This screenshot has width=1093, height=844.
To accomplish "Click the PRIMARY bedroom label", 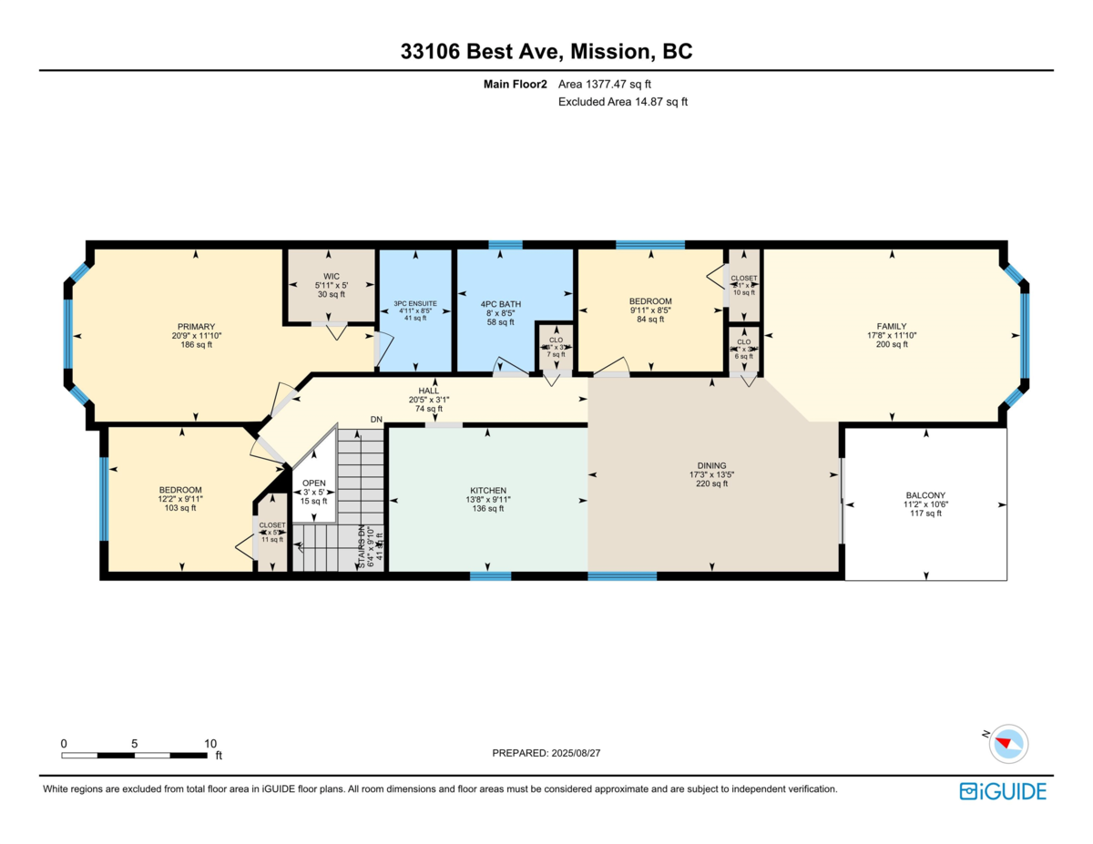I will pos(196,326).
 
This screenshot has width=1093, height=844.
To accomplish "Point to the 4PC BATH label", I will pos(500,303).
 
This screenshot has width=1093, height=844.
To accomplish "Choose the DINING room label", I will pos(713,465).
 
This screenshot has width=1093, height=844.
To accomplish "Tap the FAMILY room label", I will pos(892,325).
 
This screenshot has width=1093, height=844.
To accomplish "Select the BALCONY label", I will pos(925,495).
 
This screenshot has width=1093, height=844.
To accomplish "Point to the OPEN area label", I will pos(314,483).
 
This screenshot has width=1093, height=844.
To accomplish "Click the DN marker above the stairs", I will pos(376,419).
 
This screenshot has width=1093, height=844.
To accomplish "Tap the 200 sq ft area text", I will pos(892,344).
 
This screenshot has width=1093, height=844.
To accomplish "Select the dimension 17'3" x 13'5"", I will pos(713,474).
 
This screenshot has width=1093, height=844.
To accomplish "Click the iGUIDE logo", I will pos(1003,791).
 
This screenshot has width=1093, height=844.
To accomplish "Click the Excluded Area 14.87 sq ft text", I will pos(622,102).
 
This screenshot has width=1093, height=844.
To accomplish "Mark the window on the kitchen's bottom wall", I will pos(490,575).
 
